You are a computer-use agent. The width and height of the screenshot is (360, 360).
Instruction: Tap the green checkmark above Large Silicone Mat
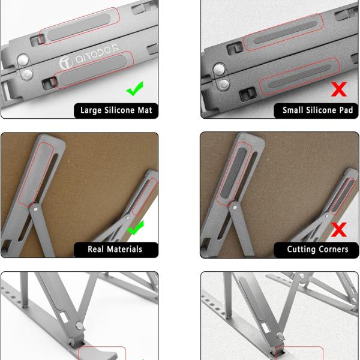(x=134, y=90)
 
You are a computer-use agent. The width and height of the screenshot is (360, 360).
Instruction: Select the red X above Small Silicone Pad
(x=339, y=90)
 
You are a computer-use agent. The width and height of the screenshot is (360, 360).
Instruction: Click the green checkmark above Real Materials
(x=136, y=227)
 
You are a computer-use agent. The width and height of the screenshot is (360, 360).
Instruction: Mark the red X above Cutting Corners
(x=339, y=229)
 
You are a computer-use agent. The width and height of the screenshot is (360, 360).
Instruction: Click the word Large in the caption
(x=92, y=110)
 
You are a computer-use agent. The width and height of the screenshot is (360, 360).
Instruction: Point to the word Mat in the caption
(x=144, y=110)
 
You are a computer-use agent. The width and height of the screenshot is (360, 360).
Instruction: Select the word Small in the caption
(x=295, y=110)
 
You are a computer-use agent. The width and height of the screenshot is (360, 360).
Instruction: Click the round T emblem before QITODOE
(x=65, y=62)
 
